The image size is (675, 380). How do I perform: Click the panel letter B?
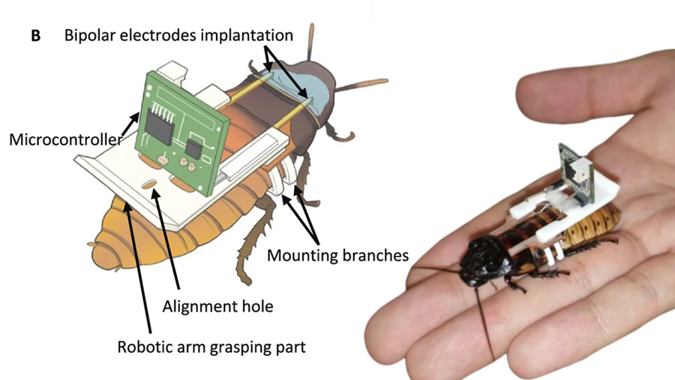pos(35,35)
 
